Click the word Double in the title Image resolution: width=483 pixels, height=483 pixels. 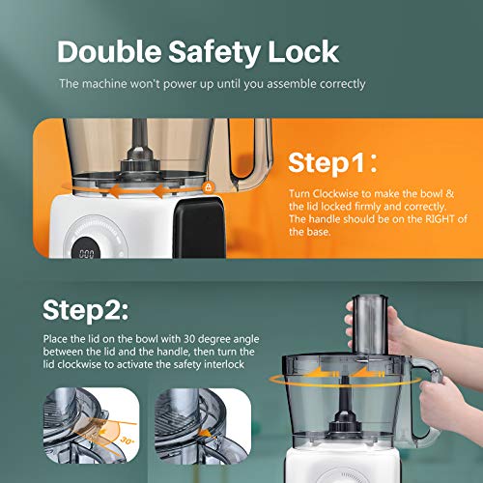coord(109,51)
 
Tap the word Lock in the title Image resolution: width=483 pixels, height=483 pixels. coord(303,51)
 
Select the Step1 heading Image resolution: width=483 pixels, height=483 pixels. coord(332,162)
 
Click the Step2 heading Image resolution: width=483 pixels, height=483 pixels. coord(86,310)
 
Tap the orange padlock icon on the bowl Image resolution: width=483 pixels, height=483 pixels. coord(209,187)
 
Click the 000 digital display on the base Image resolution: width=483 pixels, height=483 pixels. coord(87,254)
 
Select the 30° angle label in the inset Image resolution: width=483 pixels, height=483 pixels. coord(127,440)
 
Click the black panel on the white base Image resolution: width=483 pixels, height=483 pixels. coord(199,227)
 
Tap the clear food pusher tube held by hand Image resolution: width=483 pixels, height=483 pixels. coord(370,326)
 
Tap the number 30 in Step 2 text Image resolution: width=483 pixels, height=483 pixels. coord(189,339)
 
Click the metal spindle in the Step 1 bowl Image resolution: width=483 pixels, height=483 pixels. coord(140,142)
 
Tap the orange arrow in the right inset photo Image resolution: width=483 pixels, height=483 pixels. coord(205,435)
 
